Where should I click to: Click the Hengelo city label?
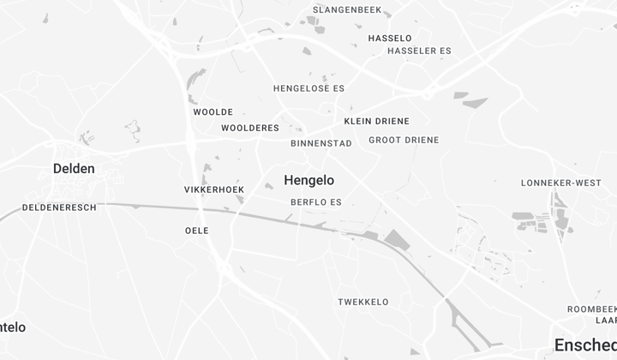pyautogui.click(x=308, y=180)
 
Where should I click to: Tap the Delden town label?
pyautogui.click(x=74, y=169)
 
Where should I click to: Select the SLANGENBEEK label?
pyautogui.click(x=347, y=10)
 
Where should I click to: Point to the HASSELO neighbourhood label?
pyautogui.click(x=390, y=39)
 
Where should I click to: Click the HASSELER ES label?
pyautogui.click(x=419, y=51)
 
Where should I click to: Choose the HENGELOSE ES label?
pyautogui.click(x=308, y=88)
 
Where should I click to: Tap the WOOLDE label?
pyautogui.click(x=213, y=112)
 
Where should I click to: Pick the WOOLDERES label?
pyautogui.click(x=250, y=128)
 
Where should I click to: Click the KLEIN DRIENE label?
pyautogui.click(x=376, y=121)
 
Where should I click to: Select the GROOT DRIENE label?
pyautogui.click(x=404, y=140)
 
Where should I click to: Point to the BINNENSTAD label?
pyautogui.click(x=321, y=143)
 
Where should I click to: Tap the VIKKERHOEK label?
pyautogui.click(x=214, y=189)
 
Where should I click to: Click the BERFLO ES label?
pyautogui.click(x=316, y=202)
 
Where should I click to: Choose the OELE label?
pyautogui.click(x=197, y=231)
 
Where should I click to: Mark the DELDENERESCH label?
pyautogui.click(x=59, y=207)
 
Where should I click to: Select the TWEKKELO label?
pyautogui.click(x=363, y=302)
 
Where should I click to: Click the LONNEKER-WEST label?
pyautogui.click(x=560, y=183)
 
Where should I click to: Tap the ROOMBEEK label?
pyautogui.click(x=591, y=309)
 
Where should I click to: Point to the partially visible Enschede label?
pyautogui.click(x=585, y=345)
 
